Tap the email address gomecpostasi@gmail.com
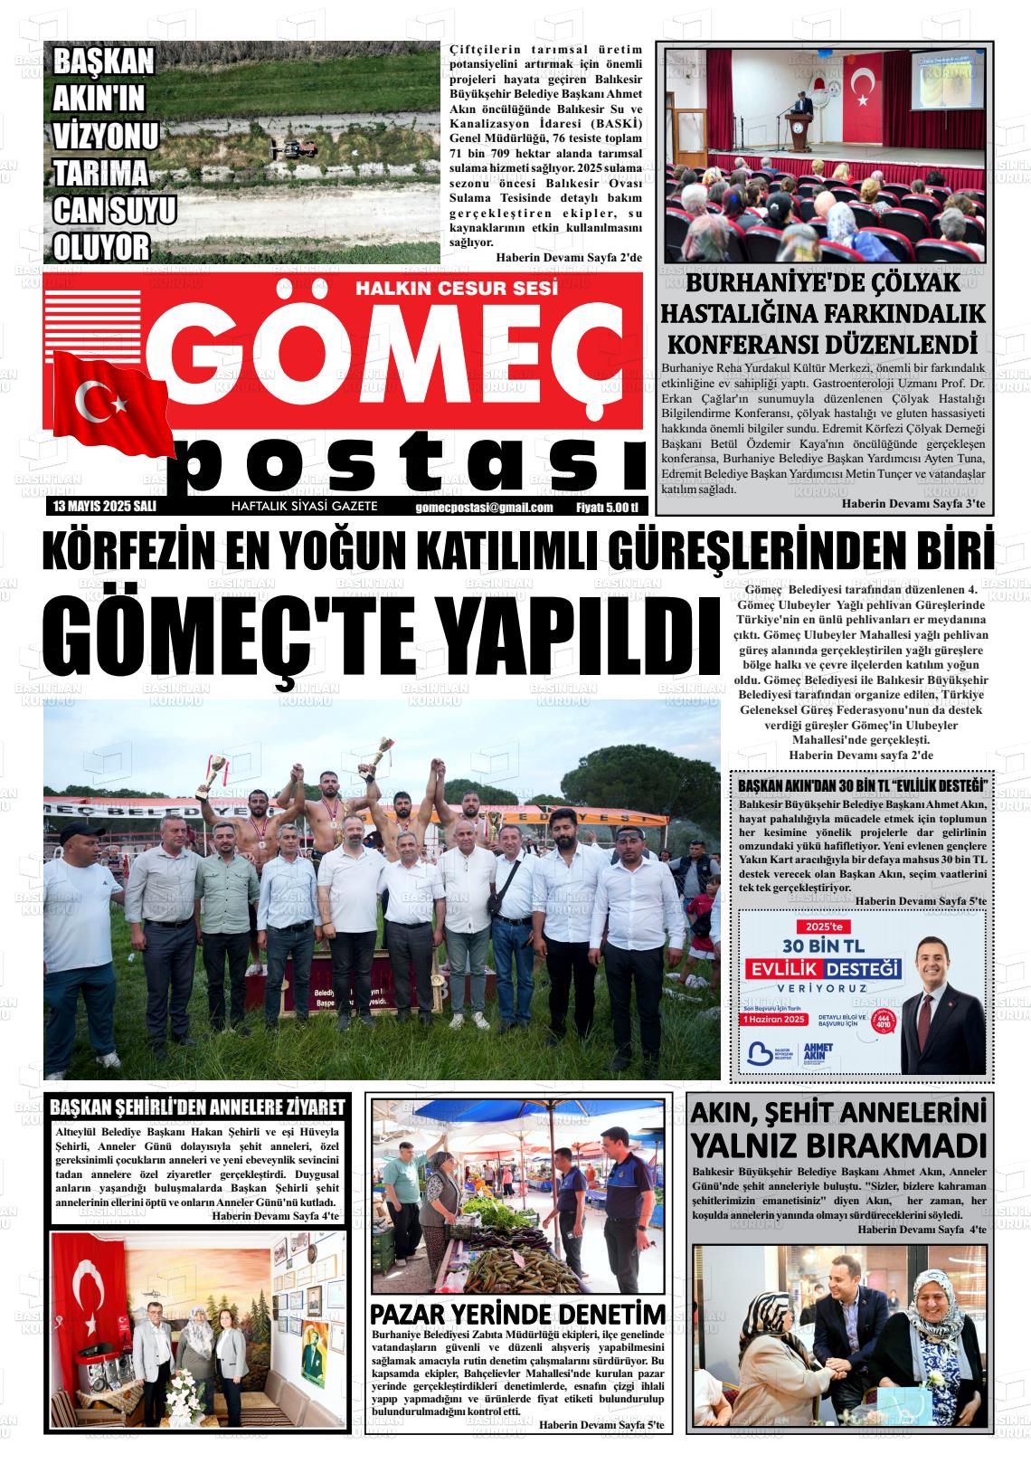click(485, 508)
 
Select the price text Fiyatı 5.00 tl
click(607, 508)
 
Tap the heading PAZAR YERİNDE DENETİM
click(518, 1314)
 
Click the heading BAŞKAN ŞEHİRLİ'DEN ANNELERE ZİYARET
click(198, 1107)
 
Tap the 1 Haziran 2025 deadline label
click(774, 1020)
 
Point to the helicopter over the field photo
click(298, 147)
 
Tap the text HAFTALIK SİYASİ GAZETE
click(305, 507)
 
